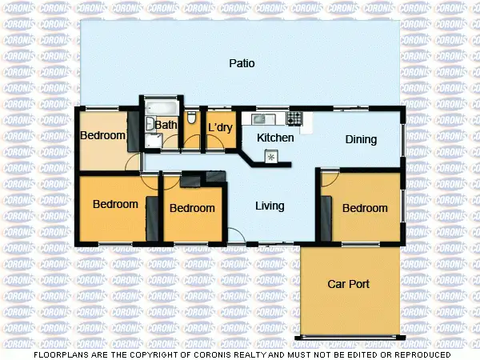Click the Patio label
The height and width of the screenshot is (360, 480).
click(242, 63)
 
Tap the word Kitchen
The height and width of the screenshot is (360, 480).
click(275, 138)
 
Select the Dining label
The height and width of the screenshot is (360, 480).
click(361, 140)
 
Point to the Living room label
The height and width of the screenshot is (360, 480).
click(270, 206)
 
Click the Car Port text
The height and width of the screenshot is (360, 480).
click(348, 284)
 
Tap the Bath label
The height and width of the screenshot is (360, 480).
click(166, 125)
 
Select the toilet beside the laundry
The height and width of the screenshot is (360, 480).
click(191, 118)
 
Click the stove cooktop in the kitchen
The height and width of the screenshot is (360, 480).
click(294, 118)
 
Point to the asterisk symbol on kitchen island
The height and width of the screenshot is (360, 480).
click(270, 157)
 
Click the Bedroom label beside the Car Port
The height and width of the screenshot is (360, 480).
click(365, 208)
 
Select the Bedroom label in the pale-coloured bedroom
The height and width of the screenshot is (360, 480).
click(103, 136)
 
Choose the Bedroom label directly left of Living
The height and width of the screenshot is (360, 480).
click(193, 208)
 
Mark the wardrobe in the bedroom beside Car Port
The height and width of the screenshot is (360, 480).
click(326, 212)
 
